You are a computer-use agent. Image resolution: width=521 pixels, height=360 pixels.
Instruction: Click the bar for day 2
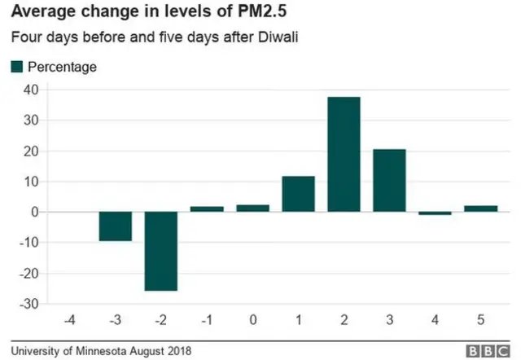(x=344, y=154)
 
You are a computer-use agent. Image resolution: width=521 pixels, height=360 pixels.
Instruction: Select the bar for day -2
(x=161, y=251)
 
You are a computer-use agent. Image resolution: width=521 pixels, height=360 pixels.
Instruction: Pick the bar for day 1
(x=298, y=194)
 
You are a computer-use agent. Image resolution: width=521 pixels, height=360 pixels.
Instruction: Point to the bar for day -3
(x=116, y=226)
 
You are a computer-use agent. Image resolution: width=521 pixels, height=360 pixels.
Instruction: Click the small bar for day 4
(x=435, y=213)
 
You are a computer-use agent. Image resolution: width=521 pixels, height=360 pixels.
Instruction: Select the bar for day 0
(x=252, y=209)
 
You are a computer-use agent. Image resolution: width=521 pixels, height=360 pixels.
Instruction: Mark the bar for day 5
(x=480, y=209)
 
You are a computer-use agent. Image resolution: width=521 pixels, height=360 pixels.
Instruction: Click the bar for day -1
(x=207, y=209)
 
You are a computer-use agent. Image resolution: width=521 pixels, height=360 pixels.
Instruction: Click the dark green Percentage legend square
(x=17, y=67)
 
